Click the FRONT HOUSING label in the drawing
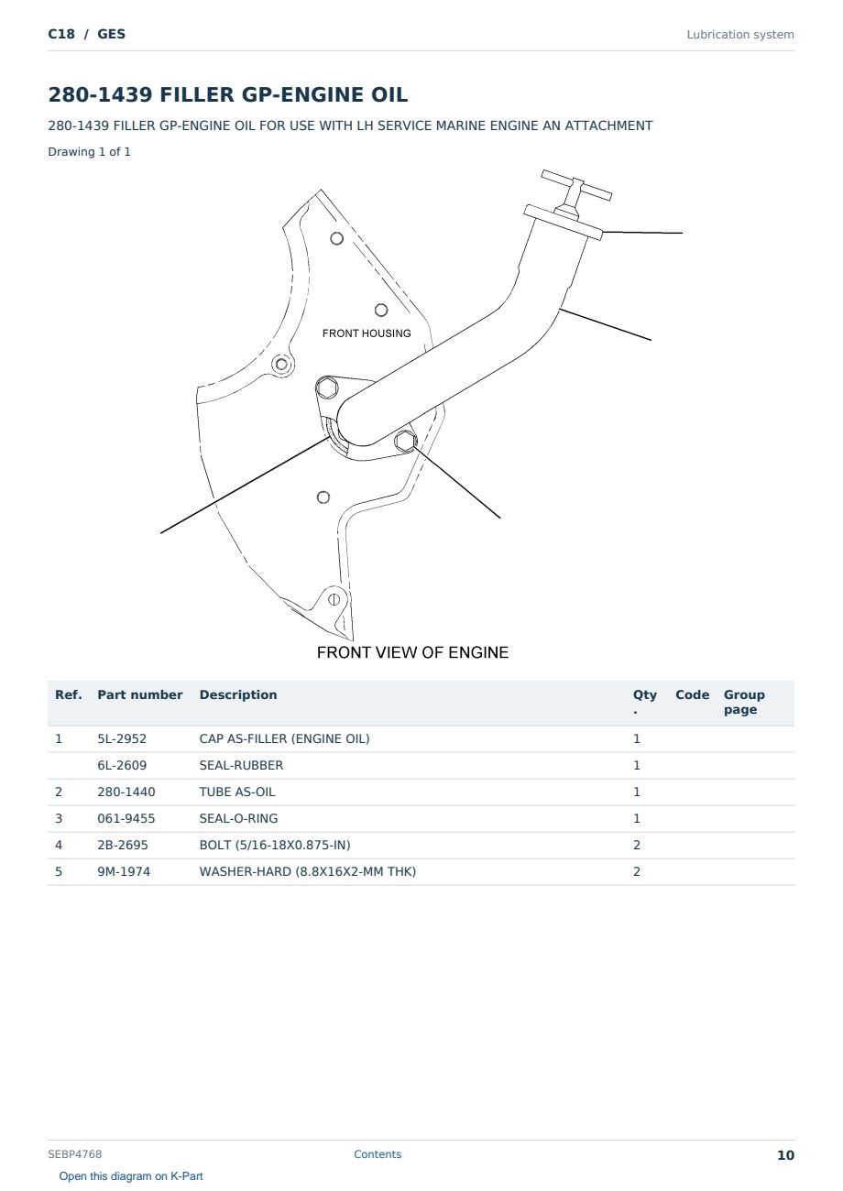[x=367, y=333]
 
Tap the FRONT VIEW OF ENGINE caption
[x=412, y=652]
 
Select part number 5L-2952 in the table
[x=122, y=738]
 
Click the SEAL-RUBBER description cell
[x=241, y=765]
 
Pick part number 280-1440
[x=126, y=792]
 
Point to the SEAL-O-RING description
[x=238, y=818]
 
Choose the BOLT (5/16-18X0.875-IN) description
[x=275, y=845]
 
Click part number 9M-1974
[x=124, y=871]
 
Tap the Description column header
[x=238, y=694]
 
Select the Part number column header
[x=140, y=694]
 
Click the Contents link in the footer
[x=378, y=1154]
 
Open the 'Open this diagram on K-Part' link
[x=131, y=1176]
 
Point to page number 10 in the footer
[x=785, y=1155]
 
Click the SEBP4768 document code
[x=75, y=1154]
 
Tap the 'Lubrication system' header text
[x=740, y=35]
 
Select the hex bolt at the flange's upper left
[x=327, y=387]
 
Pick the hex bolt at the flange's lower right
[x=405, y=441]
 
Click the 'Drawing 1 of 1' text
[x=90, y=151]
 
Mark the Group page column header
[x=744, y=702]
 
